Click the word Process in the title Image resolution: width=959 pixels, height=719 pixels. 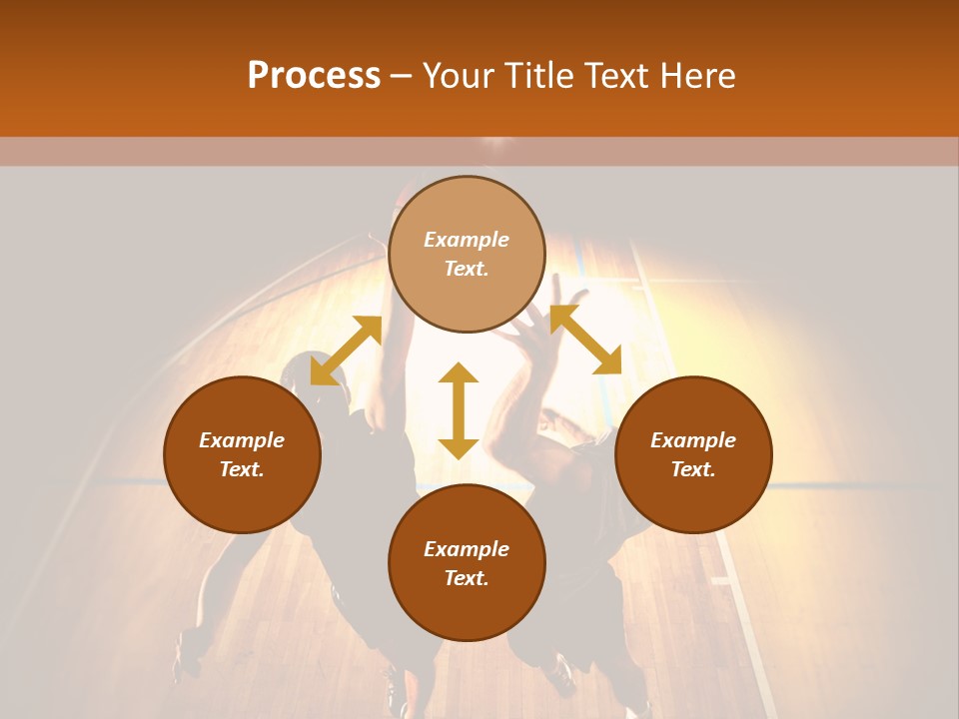coord(314,76)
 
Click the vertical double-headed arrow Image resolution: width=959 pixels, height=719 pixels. coord(459,411)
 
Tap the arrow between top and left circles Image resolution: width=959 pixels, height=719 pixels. coord(346,351)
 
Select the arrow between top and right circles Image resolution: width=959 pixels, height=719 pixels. coord(585,340)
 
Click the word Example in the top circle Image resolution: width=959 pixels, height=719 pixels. coord(467,240)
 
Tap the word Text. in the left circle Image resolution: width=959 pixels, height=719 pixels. coord(242,469)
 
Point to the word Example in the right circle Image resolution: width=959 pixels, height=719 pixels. coord(693,440)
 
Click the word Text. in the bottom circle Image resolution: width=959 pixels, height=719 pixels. coord(467,578)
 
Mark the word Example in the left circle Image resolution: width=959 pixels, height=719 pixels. coord(242,440)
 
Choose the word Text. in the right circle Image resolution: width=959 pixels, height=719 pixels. coord(693,469)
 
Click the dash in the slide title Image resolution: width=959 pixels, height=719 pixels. coord(402,76)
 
